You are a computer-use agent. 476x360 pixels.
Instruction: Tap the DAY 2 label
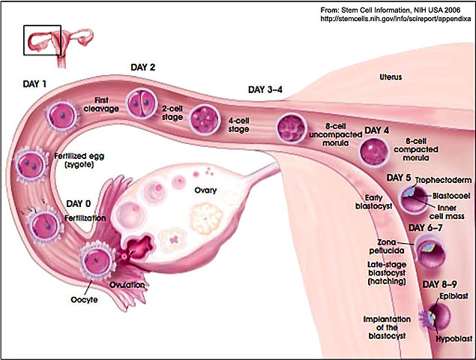pos(142,67)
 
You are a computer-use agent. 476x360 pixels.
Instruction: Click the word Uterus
pos(391,77)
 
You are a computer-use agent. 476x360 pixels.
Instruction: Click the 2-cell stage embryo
pos(140,103)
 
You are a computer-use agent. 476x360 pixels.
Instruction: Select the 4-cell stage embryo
pos(205,118)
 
